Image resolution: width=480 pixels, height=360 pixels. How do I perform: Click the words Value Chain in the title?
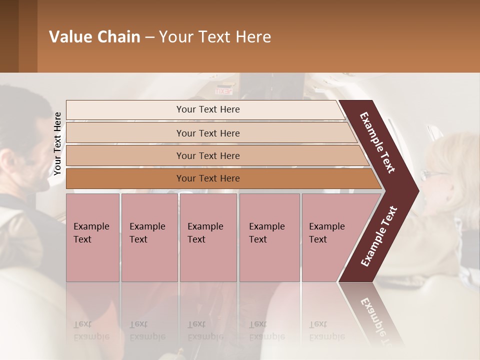point(94,37)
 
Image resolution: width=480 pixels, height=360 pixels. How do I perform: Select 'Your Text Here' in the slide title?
point(215,37)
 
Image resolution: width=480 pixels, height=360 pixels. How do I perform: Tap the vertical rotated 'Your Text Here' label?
point(57,143)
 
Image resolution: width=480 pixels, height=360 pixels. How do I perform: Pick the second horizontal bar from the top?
point(208,133)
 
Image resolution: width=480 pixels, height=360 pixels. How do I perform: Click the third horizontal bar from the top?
point(208,155)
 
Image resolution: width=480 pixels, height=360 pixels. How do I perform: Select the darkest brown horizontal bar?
point(208,178)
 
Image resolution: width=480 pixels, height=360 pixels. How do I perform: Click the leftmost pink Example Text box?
point(92,237)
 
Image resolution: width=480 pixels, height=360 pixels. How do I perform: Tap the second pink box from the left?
point(149,237)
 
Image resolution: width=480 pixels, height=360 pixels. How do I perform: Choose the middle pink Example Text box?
point(208,237)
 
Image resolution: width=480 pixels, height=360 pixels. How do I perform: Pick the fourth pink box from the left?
point(269,237)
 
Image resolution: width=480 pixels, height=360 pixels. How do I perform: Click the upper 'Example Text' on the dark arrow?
point(377,142)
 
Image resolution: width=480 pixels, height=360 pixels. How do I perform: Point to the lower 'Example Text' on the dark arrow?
point(378,236)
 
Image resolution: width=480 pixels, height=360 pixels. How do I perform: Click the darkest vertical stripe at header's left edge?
point(9,36)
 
